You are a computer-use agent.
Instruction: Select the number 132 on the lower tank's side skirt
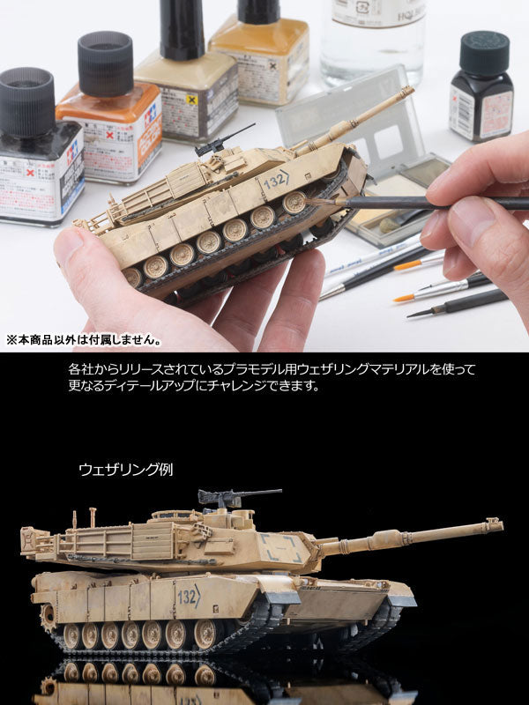188,595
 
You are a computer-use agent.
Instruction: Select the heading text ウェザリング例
126,470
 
